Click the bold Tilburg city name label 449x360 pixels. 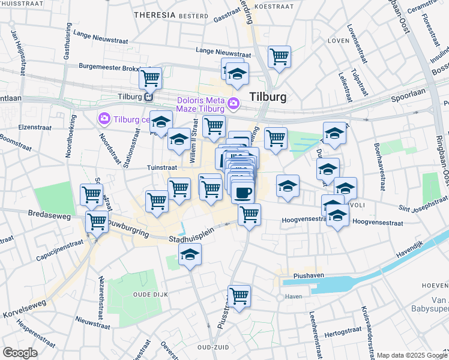267,97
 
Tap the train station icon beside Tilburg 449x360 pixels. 148,97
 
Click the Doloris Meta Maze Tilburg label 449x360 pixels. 200,104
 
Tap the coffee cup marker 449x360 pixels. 243,193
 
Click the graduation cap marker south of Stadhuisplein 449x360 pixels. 190,255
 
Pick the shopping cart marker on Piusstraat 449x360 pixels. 239,295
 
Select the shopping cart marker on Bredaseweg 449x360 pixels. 97,221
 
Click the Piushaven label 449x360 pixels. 309,276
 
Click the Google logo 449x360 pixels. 20,352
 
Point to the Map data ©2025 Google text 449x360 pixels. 411,355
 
